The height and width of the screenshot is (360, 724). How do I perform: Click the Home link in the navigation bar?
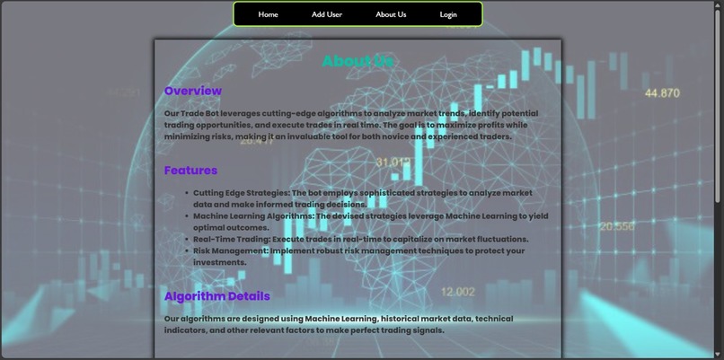point(268,14)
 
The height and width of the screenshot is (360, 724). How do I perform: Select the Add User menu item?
point(327,14)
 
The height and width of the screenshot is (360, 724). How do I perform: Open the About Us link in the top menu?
point(391,14)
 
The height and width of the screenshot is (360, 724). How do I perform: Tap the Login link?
point(448,14)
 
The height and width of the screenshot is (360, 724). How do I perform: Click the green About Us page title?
point(358,61)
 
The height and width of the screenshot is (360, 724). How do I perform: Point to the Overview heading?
point(192,91)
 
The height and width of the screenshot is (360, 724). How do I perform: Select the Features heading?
point(190,170)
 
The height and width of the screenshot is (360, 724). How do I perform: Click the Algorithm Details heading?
point(216,295)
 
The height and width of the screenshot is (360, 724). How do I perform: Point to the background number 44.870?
point(662,92)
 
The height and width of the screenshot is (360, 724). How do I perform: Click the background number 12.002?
point(458,291)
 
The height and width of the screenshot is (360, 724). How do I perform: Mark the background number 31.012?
point(393,162)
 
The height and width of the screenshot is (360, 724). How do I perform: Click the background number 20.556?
point(616,226)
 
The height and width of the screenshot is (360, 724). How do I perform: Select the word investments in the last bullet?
point(219,263)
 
